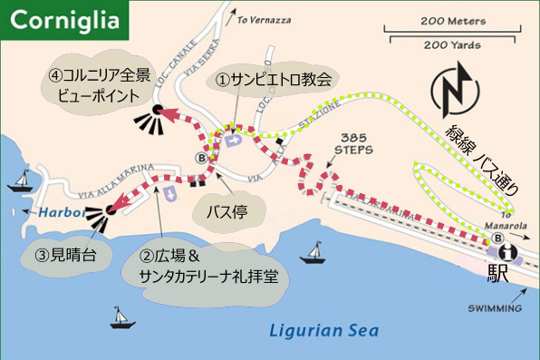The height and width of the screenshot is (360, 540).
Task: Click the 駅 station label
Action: [497, 272]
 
